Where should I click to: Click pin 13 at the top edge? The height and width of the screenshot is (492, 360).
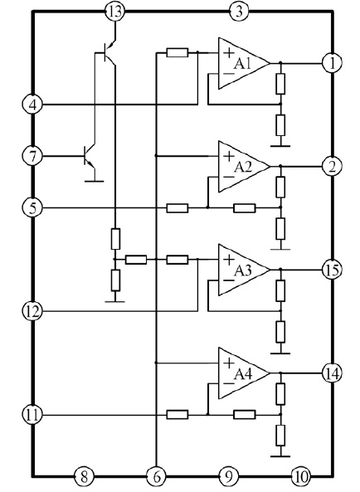[x=114, y=12]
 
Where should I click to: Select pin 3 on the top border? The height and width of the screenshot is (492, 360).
[x=239, y=12]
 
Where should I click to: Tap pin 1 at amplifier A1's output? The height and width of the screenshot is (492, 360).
[x=332, y=63]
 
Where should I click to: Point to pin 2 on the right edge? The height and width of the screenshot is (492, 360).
[x=332, y=166]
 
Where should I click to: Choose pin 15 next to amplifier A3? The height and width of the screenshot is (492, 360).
[x=332, y=270]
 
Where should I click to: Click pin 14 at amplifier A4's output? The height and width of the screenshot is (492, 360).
[x=332, y=373]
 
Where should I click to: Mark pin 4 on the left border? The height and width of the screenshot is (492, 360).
[x=32, y=105]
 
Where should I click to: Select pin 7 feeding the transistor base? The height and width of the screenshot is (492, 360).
[x=32, y=156]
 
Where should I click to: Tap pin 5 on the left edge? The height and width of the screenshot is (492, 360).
[x=32, y=207]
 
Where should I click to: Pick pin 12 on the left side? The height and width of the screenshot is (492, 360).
[x=32, y=311]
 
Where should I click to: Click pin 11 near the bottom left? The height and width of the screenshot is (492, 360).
[x=32, y=415]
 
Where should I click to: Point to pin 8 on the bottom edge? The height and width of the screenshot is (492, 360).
[x=84, y=477]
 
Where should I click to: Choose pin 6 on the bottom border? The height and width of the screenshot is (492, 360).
[x=156, y=477]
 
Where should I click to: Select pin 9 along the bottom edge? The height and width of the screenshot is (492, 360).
[x=229, y=477]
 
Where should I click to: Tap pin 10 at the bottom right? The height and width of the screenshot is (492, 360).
[x=301, y=477]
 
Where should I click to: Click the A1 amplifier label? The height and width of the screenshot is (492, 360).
[x=242, y=64]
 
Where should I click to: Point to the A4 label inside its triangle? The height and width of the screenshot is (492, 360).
[x=243, y=373]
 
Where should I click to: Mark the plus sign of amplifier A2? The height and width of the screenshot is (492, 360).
[x=229, y=156]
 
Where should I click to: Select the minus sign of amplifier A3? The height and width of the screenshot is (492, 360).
[x=229, y=280]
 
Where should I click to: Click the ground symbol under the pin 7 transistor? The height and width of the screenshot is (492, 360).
[x=94, y=181]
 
